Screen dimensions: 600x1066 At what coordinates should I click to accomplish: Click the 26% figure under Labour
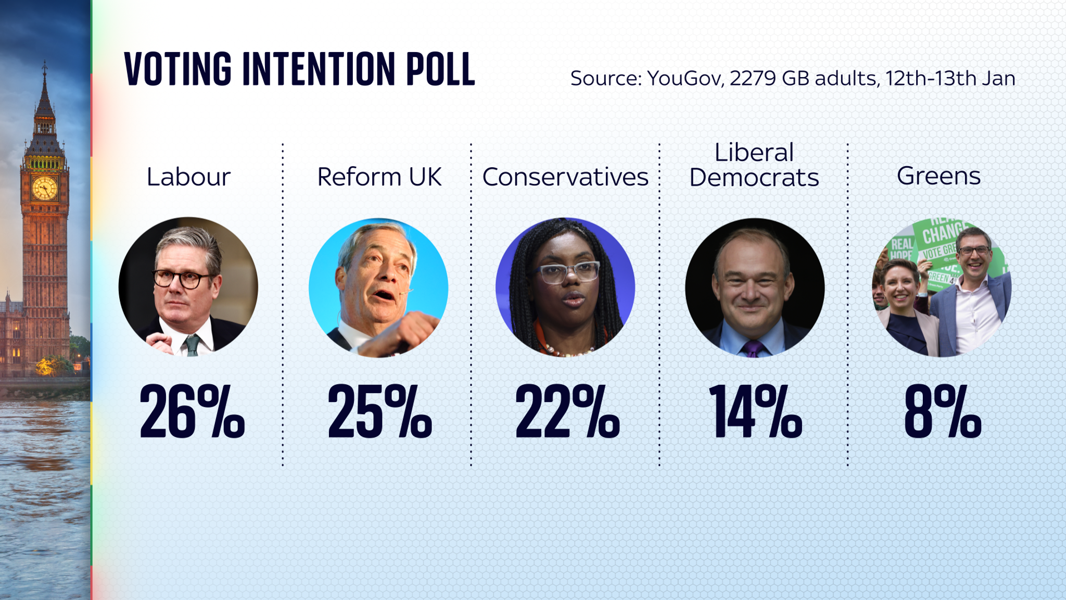tap(192, 412)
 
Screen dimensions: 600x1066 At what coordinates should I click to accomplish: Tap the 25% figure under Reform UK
tap(379, 412)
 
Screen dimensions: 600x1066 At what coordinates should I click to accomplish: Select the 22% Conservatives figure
tap(567, 412)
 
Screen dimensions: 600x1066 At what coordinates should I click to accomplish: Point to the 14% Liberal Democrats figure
tap(755, 412)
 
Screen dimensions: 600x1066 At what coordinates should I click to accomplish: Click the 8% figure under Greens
tap(943, 412)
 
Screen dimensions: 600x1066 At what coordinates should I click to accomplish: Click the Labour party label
tap(188, 177)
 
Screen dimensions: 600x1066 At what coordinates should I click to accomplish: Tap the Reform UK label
tap(379, 177)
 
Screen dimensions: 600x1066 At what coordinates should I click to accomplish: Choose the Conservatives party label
tap(565, 177)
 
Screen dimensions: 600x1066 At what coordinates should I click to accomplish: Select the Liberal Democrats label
tap(754, 165)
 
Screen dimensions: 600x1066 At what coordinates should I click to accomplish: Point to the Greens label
tap(938, 176)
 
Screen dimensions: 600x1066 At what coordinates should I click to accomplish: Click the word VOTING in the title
tap(177, 69)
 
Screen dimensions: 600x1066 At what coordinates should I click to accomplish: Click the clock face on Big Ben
tap(44, 187)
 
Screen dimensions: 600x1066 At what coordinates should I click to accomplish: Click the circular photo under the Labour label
tap(188, 287)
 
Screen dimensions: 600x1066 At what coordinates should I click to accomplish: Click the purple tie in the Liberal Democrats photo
tap(753, 348)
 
